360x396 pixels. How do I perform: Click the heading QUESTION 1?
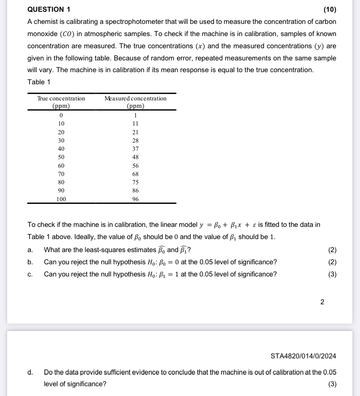(x=49, y=9)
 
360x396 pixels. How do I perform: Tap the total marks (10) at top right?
(x=330, y=9)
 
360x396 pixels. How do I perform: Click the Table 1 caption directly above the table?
(x=39, y=82)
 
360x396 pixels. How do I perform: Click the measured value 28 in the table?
(x=136, y=140)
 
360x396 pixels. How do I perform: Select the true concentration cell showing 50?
(x=61, y=157)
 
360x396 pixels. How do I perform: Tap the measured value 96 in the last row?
(x=136, y=199)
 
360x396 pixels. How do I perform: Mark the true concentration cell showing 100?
(x=61, y=199)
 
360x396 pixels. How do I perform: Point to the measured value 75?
(x=136, y=182)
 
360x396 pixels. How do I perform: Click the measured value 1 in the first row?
(x=136, y=115)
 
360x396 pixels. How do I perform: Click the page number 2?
(x=322, y=302)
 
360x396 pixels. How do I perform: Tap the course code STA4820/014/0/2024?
(x=303, y=356)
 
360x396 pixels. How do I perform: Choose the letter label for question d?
(x=30, y=372)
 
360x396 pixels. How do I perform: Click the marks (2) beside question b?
(x=332, y=262)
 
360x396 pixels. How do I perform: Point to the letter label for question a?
(x=30, y=250)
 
